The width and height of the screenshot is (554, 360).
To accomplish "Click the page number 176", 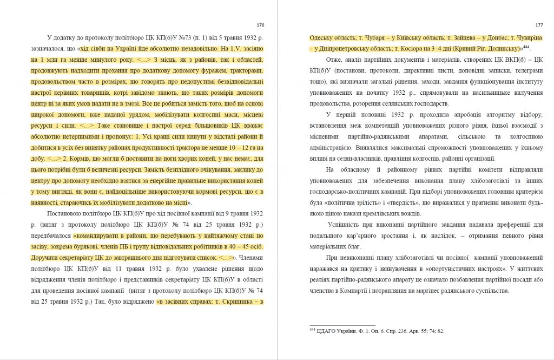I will click(x=260, y=25).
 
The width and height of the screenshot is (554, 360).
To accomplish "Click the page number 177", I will click(x=538, y=25).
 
